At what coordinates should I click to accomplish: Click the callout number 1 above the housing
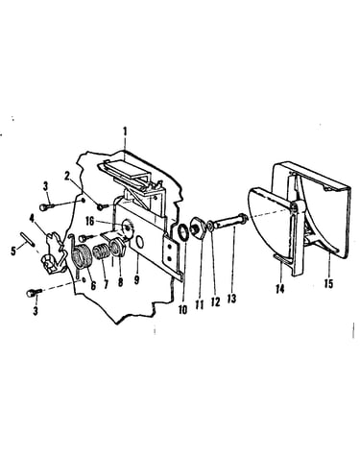point(125,132)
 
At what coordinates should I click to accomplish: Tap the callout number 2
point(67,177)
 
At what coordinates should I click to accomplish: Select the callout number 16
point(90,221)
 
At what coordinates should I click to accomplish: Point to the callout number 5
point(13,251)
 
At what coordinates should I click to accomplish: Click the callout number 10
point(182,309)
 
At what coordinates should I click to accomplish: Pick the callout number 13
point(231,299)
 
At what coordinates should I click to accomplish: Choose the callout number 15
point(328,283)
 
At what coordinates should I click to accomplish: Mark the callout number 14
point(280,289)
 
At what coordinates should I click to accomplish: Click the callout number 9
point(136,279)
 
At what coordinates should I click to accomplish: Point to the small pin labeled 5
point(28,239)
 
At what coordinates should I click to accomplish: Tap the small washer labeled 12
point(209,227)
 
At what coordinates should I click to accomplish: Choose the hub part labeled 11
point(197,228)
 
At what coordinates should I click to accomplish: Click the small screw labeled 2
point(103,207)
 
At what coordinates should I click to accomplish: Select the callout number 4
point(32,219)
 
